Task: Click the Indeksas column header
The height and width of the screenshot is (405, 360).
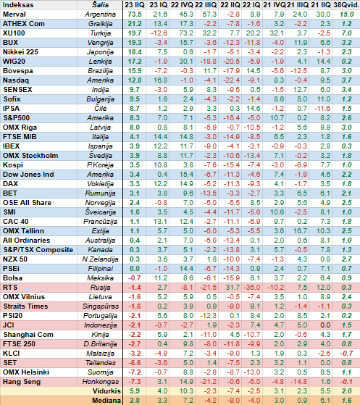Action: pos(18,5)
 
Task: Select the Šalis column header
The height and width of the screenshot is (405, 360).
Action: pos(100,5)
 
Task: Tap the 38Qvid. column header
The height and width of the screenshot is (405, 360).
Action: pos(346,5)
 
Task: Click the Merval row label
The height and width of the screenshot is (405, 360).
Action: pos(14,14)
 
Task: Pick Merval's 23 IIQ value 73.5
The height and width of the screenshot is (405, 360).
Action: pos(135,14)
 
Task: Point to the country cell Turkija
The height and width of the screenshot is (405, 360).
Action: pos(100,33)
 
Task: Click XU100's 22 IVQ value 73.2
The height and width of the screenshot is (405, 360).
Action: pos(186,33)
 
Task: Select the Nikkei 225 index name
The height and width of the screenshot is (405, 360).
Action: pos(20,52)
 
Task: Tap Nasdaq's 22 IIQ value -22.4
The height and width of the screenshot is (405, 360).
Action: pos(231,80)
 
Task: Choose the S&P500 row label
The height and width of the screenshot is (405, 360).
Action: pos(17,118)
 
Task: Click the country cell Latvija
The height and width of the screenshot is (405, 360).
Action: pos(100,128)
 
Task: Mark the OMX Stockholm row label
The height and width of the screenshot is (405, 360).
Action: pos(30,156)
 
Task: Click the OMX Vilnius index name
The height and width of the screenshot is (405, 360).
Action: pos(24,297)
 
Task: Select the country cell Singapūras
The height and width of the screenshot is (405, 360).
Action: pos(101,306)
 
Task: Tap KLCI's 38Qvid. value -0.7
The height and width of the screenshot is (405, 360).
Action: pos(346,354)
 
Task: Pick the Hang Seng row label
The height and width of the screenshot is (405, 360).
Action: pos(22,382)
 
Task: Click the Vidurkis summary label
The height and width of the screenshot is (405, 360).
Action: pos(106,391)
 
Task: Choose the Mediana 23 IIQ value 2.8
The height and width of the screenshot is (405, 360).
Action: pos(135,401)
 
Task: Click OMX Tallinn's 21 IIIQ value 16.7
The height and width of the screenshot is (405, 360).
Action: pos(300,231)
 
